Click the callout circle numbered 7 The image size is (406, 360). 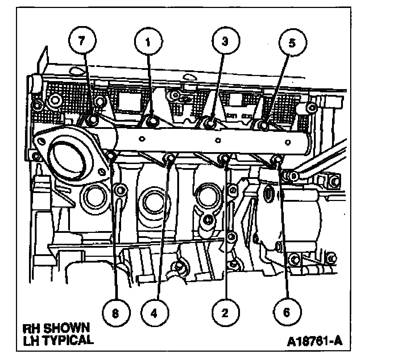tap(83, 41)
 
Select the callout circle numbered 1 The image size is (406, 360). tap(148, 42)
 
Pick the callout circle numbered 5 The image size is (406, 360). tap(292, 43)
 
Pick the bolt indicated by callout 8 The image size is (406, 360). tap(112, 156)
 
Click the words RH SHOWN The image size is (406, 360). tap(56, 328)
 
